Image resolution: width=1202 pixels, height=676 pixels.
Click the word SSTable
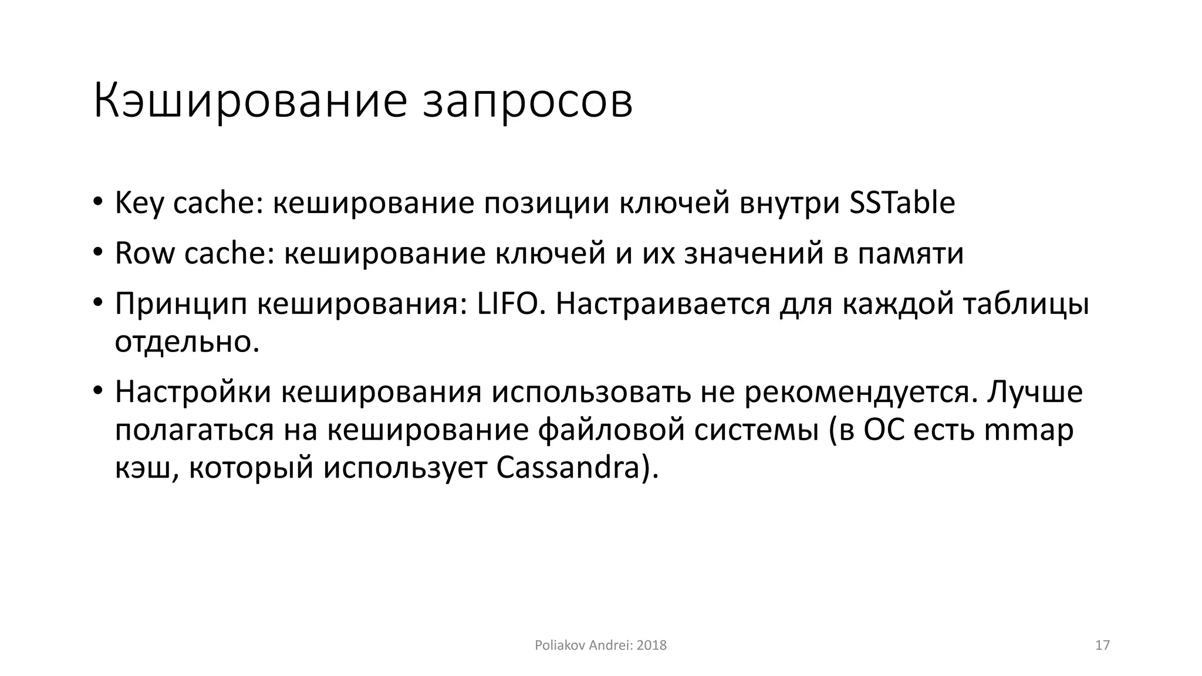point(902,204)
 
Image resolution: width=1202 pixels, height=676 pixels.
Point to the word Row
point(144,254)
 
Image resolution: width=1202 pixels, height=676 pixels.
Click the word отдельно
point(186,342)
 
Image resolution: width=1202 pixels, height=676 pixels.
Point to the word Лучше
point(1034,392)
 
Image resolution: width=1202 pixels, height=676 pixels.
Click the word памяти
point(910,254)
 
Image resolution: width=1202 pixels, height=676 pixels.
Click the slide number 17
point(1102,645)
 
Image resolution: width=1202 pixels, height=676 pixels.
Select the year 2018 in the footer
point(651,645)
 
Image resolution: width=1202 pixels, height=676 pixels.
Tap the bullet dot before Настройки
point(98,391)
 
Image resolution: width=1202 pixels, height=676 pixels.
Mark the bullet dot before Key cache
point(98,203)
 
